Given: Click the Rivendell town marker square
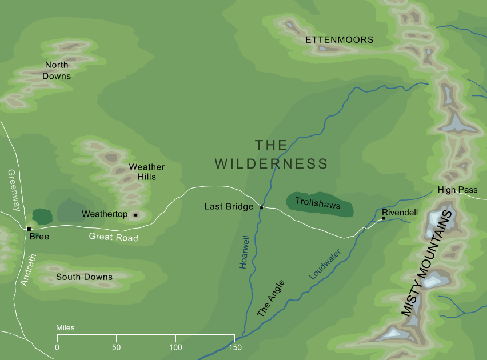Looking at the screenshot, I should [383, 218].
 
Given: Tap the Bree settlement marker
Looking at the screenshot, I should [29, 229].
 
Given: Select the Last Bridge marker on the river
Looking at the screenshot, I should [261, 207].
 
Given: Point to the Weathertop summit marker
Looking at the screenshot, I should [135, 215].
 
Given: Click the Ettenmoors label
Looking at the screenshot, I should [340, 40].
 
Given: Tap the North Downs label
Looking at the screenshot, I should [57, 70].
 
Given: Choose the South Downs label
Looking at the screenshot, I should [84, 277].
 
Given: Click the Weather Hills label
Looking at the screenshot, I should [147, 171].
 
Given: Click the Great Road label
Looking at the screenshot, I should [114, 236].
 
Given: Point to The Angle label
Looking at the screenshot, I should [270, 298].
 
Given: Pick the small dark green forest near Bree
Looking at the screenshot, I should [42, 216].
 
